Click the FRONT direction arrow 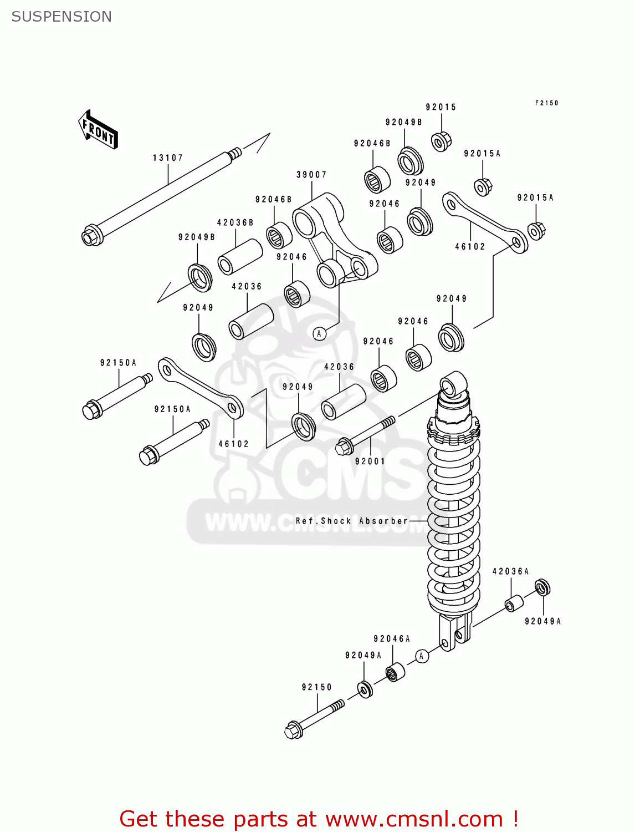[x=99, y=130]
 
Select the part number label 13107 [x=168, y=158]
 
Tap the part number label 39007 [x=311, y=175]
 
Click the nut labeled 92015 [x=441, y=141]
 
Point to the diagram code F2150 [x=546, y=103]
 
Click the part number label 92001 [x=370, y=461]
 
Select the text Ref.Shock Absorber [x=352, y=521]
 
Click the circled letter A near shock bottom [x=422, y=656]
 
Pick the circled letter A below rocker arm [x=319, y=334]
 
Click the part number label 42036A [x=510, y=571]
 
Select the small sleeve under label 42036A [x=514, y=603]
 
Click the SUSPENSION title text [x=62, y=17]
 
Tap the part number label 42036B [x=235, y=223]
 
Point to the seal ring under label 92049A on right [x=542, y=587]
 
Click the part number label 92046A [x=392, y=639]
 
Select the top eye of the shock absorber [x=453, y=384]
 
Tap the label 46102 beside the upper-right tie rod [x=470, y=247]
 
